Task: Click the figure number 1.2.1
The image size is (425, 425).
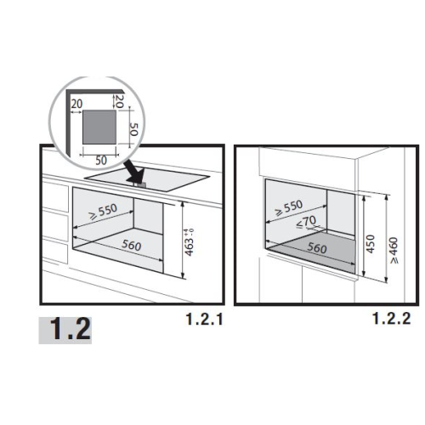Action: pos(204,319)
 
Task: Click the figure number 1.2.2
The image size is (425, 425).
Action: pos(391,318)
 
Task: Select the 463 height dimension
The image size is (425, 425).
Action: pos(189,241)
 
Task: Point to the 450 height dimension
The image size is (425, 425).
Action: pos(371,244)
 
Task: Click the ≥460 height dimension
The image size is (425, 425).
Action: pos(394,251)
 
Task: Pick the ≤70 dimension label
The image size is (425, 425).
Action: pos(306,221)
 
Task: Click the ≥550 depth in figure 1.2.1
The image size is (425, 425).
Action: pos(103,211)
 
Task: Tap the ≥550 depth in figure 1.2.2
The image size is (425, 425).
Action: pos(289,207)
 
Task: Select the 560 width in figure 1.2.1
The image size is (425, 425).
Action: pos(132,245)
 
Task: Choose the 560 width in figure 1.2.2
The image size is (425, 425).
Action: pos(317,248)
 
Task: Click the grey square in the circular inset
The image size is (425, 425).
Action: pos(99,127)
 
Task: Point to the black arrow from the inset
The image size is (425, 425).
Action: pos(134,172)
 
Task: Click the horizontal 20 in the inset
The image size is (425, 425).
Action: pos(76,104)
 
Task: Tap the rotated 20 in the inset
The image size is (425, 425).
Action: pos(119,101)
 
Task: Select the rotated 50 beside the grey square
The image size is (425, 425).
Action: pos(133,129)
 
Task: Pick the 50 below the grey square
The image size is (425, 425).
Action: pos(101,161)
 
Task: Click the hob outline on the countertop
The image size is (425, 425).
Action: pos(147,179)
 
